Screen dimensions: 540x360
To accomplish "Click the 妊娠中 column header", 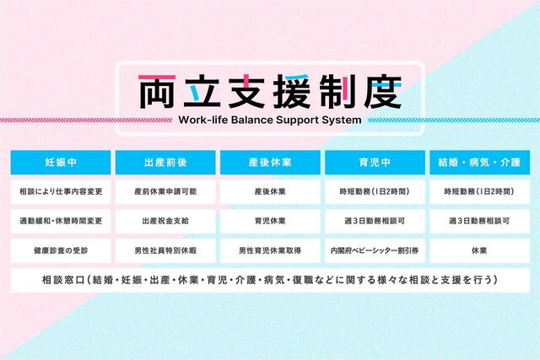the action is pyautogui.click(x=61, y=162).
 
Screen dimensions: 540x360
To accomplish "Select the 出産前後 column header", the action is pyautogui.click(x=165, y=162).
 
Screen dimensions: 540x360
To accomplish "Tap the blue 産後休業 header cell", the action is pyautogui.click(x=270, y=162).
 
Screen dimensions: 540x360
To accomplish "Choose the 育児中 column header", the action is pyautogui.click(x=375, y=162).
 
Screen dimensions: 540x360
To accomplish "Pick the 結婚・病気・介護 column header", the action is pyautogui.click(x=480, y=162).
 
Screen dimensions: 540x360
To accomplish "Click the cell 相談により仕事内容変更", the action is pyautogui.click(x=61, y=191).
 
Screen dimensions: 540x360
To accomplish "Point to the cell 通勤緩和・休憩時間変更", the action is pyautogui.click(x=61, y=221).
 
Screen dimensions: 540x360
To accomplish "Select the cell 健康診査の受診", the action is pyautogui.click(x=61, y=251).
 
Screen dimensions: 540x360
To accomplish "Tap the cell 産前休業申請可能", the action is pyautogui.click(x=165, y=191).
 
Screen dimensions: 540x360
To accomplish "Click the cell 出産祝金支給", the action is pyautogui.click(x=165, y=221).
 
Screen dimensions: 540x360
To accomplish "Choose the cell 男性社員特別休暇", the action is pyautogui.click(x=165, y=251).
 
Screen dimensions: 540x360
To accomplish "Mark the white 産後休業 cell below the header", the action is pyautogui.click(x=270, y=191).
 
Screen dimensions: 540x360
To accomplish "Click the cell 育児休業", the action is pyautogui.click(x=270, y=221).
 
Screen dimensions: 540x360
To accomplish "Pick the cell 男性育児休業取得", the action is pyautogui.click(x=270, y=251).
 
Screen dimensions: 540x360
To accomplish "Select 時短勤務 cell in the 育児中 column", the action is pyautogui.click(x=375, y=191).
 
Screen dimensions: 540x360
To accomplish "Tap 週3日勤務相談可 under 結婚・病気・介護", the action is pyautogui.click(x=480, y=221).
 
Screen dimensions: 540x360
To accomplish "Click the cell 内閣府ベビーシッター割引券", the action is pyautogui.click(x=375, y=251).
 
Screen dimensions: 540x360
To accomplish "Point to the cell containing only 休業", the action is pyautogui.click(x=480, y=251).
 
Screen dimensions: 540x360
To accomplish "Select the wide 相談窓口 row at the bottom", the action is pyautogui.click(x=270, y=280).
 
